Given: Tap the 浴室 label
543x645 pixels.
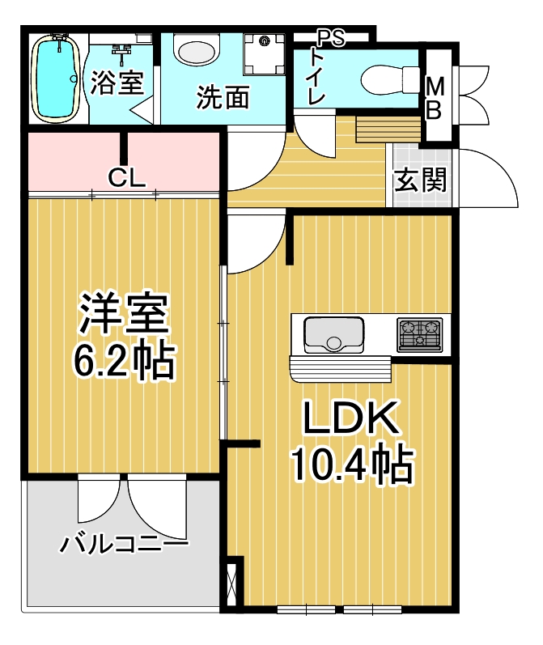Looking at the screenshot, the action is click(117, 83).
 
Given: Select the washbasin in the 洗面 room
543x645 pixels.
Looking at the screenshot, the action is click(197, 49).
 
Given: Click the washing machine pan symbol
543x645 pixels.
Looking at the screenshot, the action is click(264, 54).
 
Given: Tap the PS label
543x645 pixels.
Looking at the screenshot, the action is click(331, 39).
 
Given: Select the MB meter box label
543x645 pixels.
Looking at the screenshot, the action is click(435, 99).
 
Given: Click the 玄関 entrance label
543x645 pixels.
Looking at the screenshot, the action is click(420, 180).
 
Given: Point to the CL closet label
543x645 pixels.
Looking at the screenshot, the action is click(127, 178).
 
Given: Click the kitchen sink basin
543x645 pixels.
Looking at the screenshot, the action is click(333, 335).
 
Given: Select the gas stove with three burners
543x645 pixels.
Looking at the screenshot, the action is click(419, 335).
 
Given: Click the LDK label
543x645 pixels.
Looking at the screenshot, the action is click(351, 418).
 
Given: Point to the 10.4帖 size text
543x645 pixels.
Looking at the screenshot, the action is click(352, 463).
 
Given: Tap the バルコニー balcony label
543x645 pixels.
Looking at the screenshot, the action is click(125, 543).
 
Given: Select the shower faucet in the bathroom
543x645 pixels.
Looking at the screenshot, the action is click(121, 53).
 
